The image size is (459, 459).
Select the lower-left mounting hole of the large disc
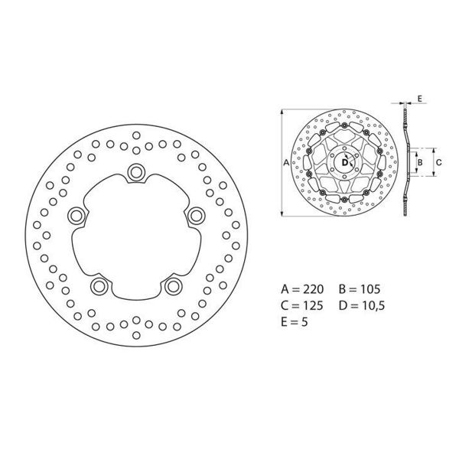click(x=99, y=286)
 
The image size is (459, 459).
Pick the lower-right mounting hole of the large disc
click(x=173, y=286)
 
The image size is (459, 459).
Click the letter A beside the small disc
click(x=286, y=163)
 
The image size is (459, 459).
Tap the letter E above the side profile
click(x=420, y=99)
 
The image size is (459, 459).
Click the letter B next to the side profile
click(x=418, y=162)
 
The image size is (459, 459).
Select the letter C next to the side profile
click(x=438, y=162)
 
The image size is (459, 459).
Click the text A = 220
click(x=303, y=290)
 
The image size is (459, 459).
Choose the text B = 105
click(x=359, y=290)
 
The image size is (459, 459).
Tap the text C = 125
click(x=303, y=306)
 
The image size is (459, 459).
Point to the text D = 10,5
click(x=362, y=306)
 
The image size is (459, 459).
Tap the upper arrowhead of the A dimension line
click(x=282, y=109)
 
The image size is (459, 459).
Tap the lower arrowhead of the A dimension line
click(x=282, y=216)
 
